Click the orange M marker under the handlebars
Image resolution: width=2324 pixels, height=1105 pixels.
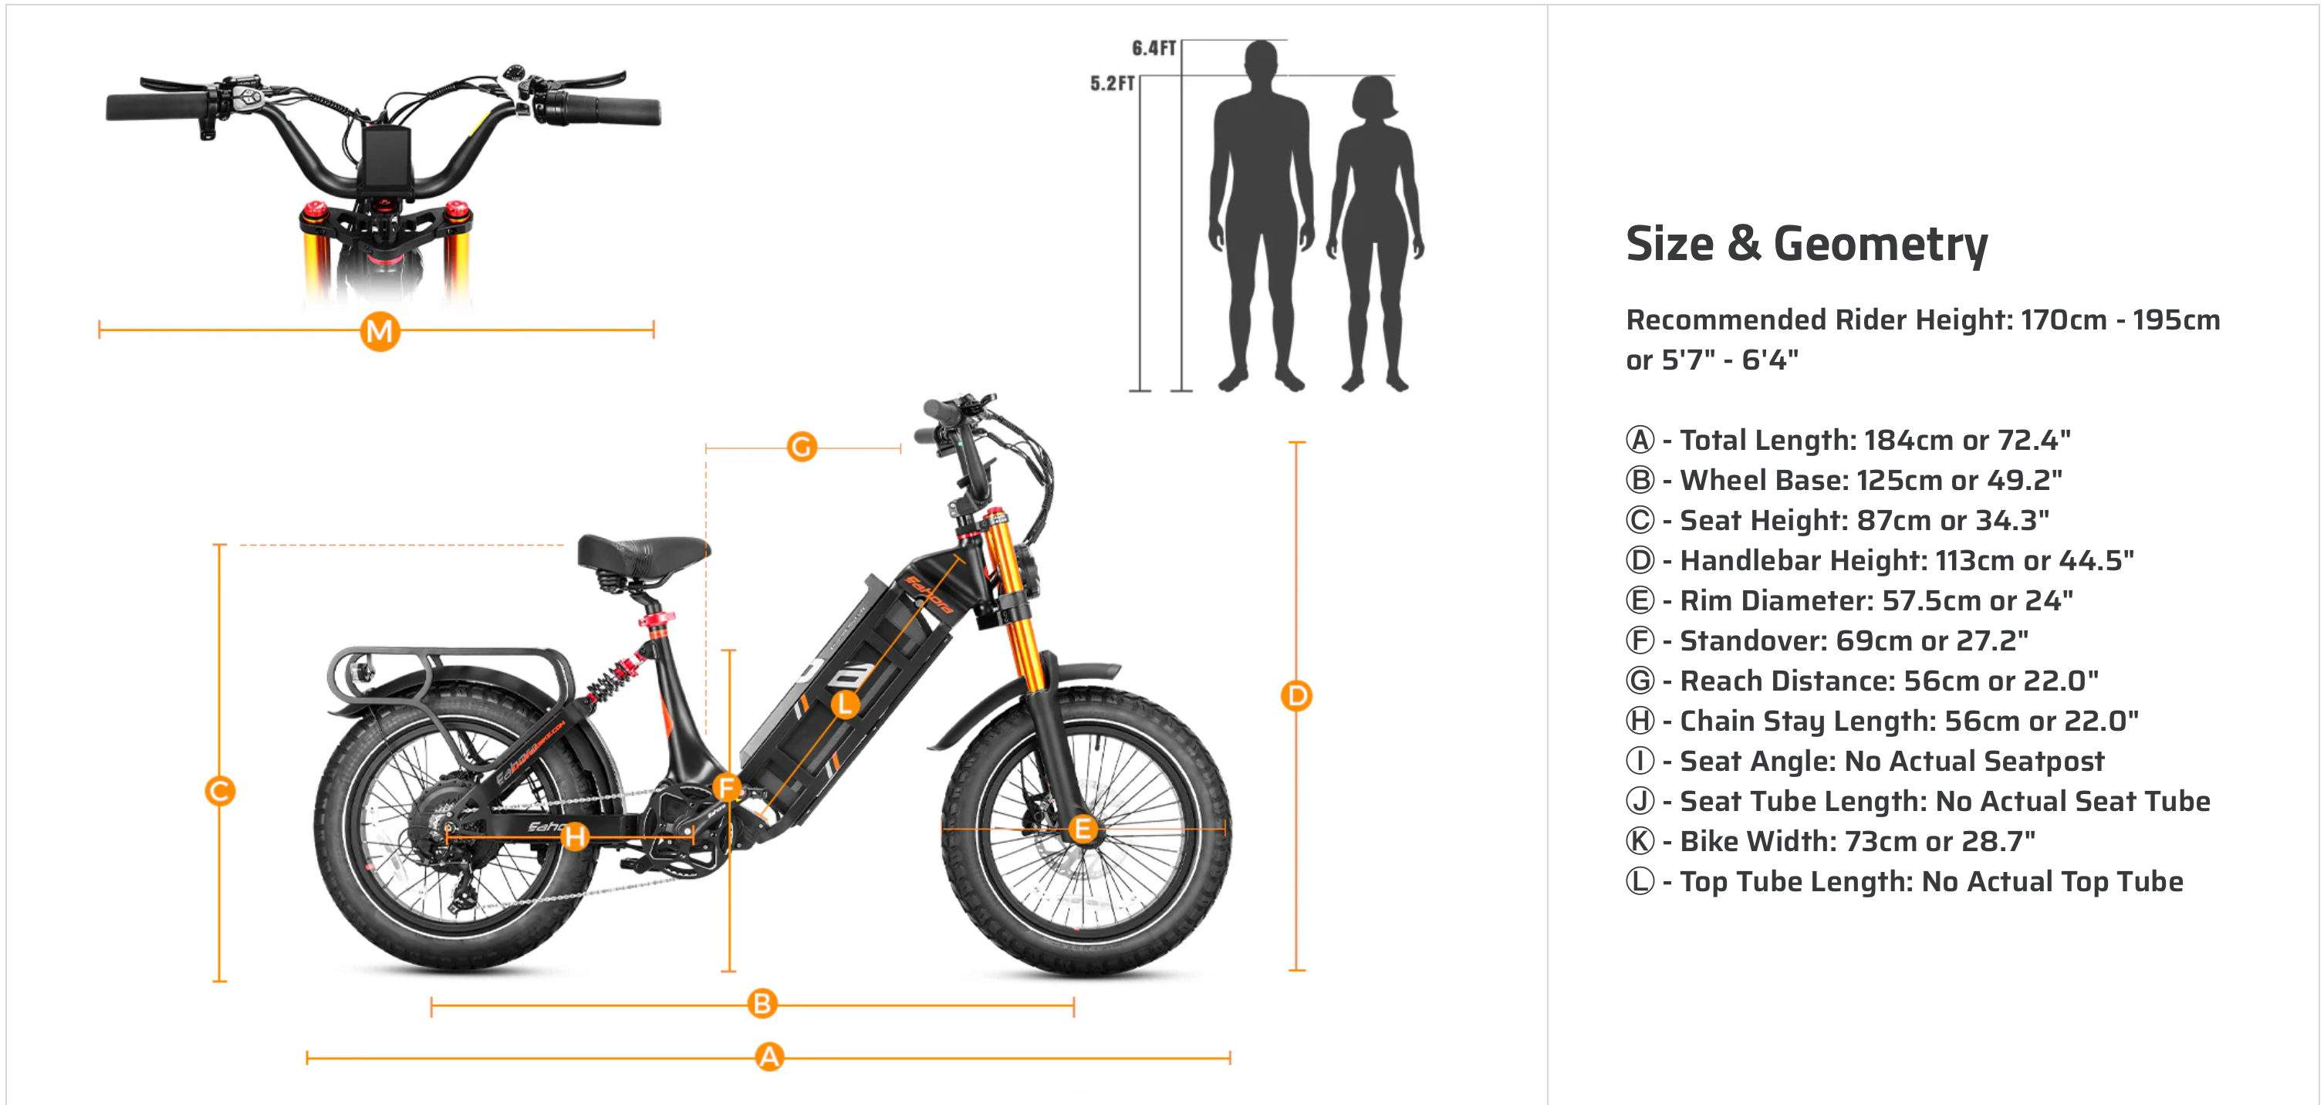(380, 331)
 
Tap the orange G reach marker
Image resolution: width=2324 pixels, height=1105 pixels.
(801, 447)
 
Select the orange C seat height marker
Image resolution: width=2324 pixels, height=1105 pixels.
(219, 791)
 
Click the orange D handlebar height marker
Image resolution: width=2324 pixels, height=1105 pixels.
(1296, 695)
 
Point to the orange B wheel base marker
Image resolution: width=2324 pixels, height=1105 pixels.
(762, 1003)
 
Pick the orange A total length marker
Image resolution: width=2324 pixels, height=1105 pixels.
(768, 1056)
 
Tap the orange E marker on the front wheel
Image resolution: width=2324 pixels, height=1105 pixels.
(1083, 828)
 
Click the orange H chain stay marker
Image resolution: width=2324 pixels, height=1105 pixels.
(576, 836)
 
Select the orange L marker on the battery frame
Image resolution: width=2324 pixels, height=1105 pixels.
(844, 704)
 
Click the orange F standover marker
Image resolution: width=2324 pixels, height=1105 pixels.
(726, 788)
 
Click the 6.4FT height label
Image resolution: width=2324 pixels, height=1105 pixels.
(1154, 48)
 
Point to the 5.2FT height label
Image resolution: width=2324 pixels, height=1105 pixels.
(1113, 83)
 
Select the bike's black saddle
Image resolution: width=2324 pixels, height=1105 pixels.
(643, 554)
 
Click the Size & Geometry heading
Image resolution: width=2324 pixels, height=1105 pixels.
(1806, 244)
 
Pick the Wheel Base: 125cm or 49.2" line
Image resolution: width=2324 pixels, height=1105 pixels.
(1844, 480)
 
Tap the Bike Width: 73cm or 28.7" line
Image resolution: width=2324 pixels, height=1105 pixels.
(1830, 840)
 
